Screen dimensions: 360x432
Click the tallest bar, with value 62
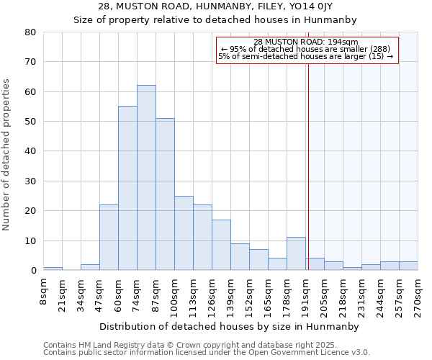click(146, 178)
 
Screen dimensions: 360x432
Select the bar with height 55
click(127, 189)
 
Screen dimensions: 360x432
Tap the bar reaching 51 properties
click(165, 194)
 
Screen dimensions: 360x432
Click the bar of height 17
click(221, 245)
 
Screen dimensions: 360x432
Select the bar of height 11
click(296, 254)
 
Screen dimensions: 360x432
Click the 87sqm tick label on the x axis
click(156, 293)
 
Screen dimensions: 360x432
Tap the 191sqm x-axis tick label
click(305, 293)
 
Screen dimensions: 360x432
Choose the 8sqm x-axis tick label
click(44, 291)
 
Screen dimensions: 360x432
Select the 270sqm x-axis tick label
click(418, 293)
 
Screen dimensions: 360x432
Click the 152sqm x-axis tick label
click(249, 293)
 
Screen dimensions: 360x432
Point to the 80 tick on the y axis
click(30, 32)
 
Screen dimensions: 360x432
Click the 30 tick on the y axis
click(30, 181)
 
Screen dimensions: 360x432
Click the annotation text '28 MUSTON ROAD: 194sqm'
click(306, 42)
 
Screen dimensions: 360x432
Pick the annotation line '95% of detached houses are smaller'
click(306, 49)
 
